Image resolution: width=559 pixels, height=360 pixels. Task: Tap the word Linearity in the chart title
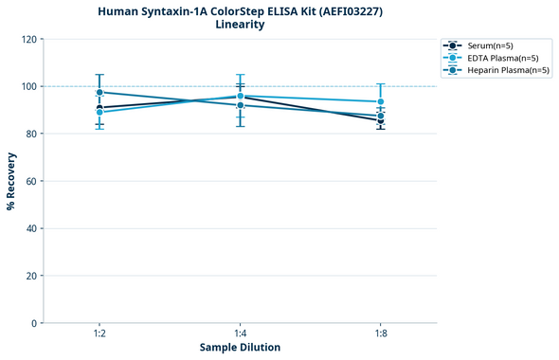click(241, 25)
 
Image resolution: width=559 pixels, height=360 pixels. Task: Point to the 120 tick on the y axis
click(30, 39)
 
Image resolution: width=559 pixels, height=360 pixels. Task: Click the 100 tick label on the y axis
click(30, 86)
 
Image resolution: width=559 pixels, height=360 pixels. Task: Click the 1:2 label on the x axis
click(99, 333)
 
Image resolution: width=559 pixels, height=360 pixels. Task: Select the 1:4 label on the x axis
click(241, 333)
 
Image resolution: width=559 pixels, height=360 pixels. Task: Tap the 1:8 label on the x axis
click(381, 333)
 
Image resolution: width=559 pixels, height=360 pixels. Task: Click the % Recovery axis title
click(11, 181)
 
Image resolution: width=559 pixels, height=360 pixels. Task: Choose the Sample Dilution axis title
click(240, 348)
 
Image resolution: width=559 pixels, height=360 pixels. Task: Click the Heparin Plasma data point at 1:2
click(99, 92)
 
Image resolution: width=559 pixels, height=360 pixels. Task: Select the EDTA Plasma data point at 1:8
click(381, 101)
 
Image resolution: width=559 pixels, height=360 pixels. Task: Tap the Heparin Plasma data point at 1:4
click(241, 105)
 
